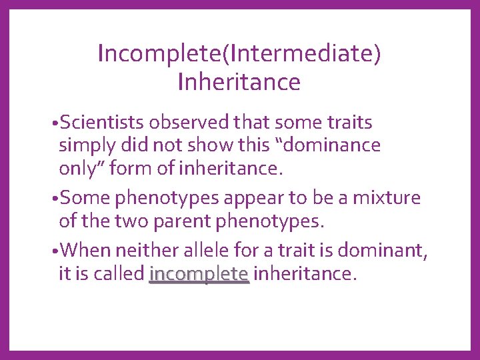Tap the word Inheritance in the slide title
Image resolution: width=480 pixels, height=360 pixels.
click(239, 82)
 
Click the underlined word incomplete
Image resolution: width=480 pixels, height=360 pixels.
click(199, 273)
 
